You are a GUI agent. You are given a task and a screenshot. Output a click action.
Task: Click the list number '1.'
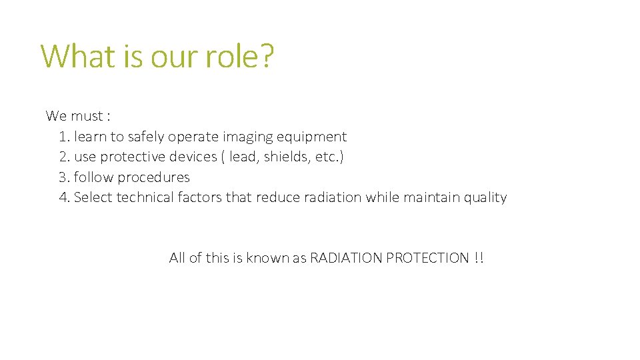coord(64,137)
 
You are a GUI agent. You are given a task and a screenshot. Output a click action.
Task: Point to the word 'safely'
coord(146,137)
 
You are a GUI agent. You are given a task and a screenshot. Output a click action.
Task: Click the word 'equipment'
coord(311,137)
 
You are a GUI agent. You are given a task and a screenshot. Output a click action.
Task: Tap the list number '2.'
coord(65,157)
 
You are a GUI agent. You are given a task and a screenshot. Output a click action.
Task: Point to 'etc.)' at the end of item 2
coord(329,157)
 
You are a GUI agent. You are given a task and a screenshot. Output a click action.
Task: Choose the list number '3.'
coord(65,177)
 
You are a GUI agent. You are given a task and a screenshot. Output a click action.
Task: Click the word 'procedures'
coord(154,177)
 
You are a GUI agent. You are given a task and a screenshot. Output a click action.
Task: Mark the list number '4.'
coord(65,197)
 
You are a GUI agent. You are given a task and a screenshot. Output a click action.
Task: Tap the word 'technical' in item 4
coord(145,197)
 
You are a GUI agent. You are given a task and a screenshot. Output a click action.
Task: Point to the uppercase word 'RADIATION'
coord(346,258)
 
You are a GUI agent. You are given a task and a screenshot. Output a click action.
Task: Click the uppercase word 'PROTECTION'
coord(427,258)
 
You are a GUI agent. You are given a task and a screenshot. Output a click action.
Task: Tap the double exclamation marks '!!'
coord(479,258)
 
